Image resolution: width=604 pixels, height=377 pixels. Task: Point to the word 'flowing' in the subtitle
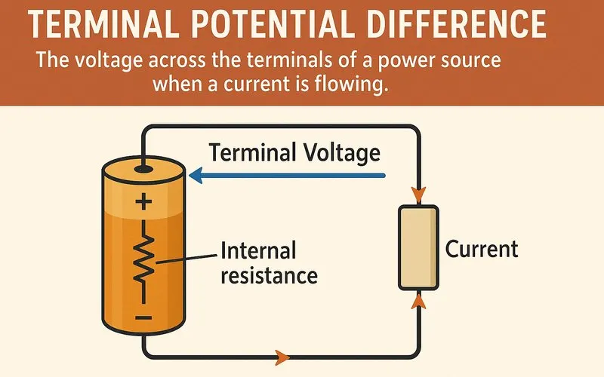click(x=353, y=84)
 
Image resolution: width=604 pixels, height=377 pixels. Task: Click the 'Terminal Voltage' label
click(x=294, y=153)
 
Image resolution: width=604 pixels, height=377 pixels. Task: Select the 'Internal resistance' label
click(x=268, y=262)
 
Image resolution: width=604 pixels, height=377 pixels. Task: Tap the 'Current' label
click(x=482, y=250)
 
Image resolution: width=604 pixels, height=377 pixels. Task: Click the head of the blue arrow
click(x=196, y=176)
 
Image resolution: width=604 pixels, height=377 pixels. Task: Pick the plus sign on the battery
click(x=143, y=201)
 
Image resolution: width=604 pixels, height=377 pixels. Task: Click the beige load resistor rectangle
click(x=417, y=247)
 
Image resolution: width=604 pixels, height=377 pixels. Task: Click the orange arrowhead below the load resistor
click(x=418, y=299)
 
